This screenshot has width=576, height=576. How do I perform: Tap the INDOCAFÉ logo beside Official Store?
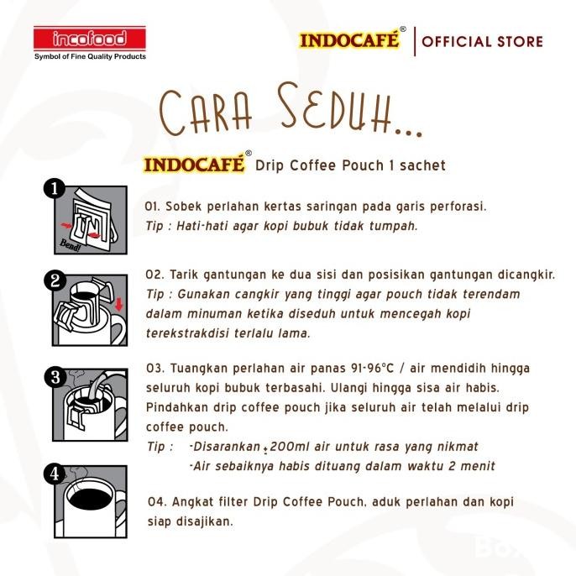[x=353, y=40]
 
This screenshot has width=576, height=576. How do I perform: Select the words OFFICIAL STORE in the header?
[x=483, y=41]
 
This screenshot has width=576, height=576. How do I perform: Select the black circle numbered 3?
[x=55, y=377]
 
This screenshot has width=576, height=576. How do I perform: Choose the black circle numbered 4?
[x=55, y=473]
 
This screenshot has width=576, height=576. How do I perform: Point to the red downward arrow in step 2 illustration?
[x=118, y=303]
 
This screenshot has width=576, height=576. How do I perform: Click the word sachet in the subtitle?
[x=424, y=165]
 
